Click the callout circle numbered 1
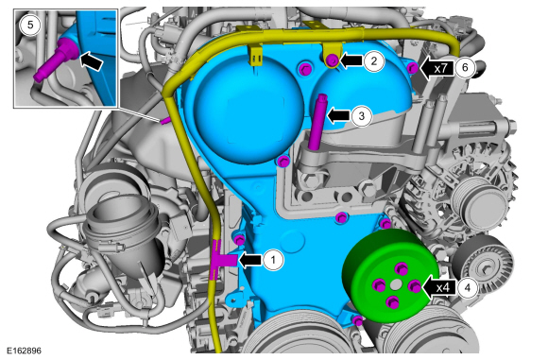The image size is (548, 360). click(273, 260)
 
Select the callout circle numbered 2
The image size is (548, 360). click(374, 61)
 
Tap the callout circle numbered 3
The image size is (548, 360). click(362, 115)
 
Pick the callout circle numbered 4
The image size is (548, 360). click(468, 287)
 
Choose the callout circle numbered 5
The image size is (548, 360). click(30, 25)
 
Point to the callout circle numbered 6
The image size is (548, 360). click(465, 67)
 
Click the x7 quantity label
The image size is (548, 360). click(440, 68)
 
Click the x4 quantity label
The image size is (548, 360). click(443, 288)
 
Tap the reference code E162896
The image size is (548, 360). click(24, 351)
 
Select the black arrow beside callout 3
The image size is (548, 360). click(338, 115)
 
